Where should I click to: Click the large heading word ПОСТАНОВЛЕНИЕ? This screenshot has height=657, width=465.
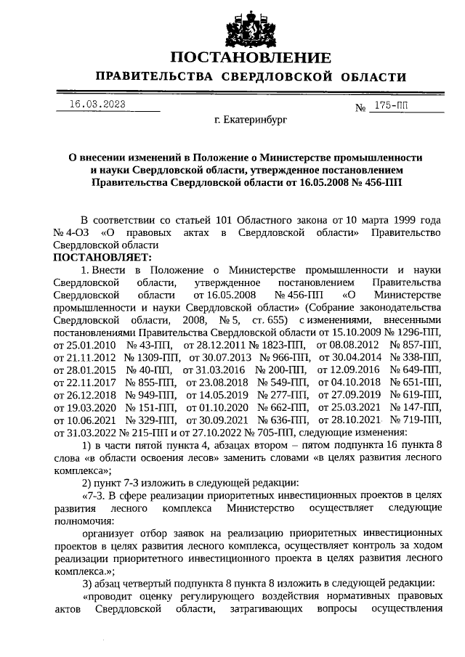pos(251,58)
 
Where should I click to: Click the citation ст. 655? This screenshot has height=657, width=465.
pos(272,321)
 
